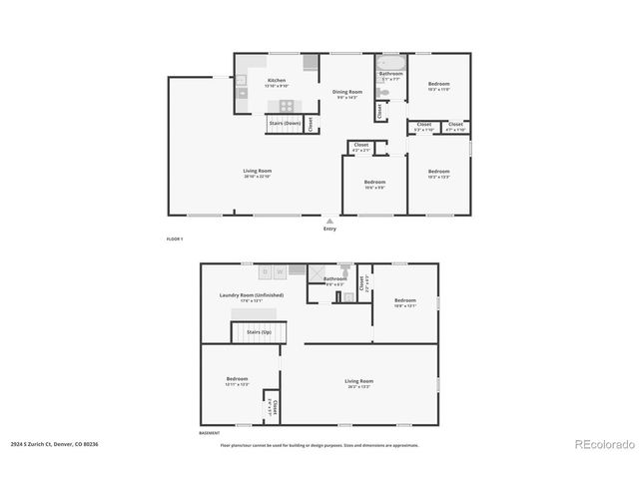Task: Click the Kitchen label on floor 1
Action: pos(276,81)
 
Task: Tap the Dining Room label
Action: pos(346,93)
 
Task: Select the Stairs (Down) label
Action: pos(285,123)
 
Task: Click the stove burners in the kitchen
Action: pos(286,105)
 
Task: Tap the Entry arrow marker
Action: pos(329,220)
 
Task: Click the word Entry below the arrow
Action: pos(329,230)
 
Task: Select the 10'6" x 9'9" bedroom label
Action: pos(374,184)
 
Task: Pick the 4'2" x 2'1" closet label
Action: pos(360,147)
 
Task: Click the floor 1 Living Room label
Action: pos(257,173)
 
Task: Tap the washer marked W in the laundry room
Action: pos(280,271)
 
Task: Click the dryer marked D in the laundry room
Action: pos(265,271)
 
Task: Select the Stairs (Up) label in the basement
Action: pos(258,331)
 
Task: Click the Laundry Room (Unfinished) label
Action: pos(251,296)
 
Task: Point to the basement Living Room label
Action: pos(358,383)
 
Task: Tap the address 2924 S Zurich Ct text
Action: pos(55,444)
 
